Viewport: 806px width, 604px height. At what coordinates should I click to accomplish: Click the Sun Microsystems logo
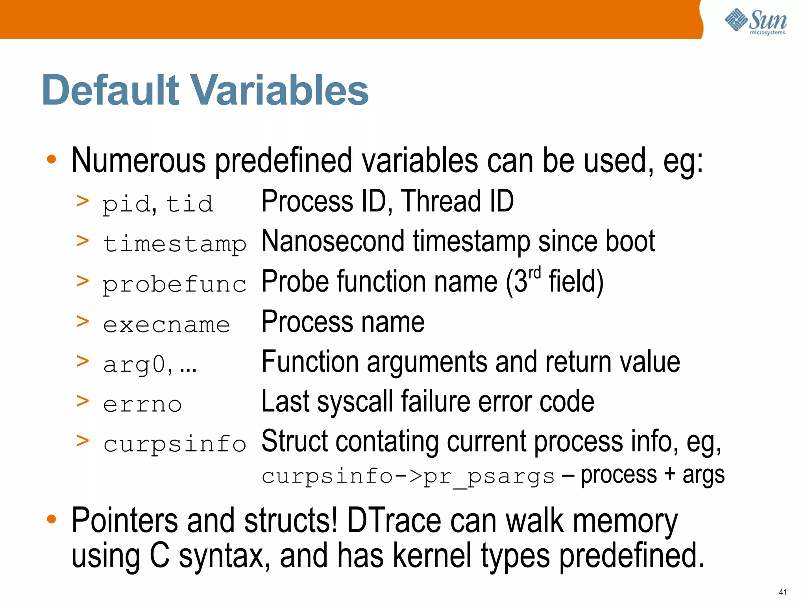pos(756,21)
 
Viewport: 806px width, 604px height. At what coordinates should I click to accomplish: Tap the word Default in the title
pos(111,90)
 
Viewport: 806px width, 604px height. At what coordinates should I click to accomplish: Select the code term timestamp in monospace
pos(174,244)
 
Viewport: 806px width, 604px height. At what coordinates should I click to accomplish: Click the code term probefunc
pos(174,284)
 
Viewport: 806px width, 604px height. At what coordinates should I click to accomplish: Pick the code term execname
pos(166,325)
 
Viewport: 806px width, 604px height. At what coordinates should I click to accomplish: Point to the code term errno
pos(142,404)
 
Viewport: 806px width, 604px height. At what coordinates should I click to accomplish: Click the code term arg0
pos(134,365)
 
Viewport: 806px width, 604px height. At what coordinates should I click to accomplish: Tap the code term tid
pos(189,204)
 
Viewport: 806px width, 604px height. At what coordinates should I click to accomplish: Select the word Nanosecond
pos(333,241)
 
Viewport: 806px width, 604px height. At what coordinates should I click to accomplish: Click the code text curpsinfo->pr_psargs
pos(408,476)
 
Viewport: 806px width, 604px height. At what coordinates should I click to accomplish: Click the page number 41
pos(782,592)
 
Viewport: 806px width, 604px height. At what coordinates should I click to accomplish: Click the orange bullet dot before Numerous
pos(51,160)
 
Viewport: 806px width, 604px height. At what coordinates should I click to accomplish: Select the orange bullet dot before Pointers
pos(51,519)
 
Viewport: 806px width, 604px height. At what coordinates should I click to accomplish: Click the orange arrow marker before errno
pos(82,401)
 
